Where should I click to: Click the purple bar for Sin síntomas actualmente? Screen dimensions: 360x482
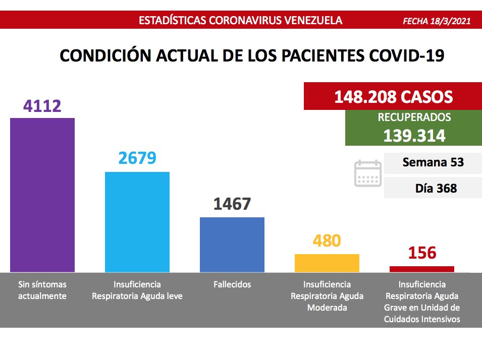[x=42, y=195]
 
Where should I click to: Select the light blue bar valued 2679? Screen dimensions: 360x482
[x=137, y=222]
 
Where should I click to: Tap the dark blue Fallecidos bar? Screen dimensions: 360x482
[x=232, y=245]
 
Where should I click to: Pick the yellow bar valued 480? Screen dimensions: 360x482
[x=327, y=263]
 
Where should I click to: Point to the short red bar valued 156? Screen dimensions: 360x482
[x=421, y=269]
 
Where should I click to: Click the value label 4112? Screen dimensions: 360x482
[x=42, y=106]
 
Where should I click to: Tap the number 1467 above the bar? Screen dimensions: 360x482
[x=232, y=204]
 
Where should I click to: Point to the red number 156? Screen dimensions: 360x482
[x=422, y=253]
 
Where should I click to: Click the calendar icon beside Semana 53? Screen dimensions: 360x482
[x=367, y=173]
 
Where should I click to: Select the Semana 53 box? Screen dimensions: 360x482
[x=433, y=163]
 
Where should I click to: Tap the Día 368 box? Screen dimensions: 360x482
[x=433, y=189]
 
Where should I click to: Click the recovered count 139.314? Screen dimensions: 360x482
[x=414, y=136]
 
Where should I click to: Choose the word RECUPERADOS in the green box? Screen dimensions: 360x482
[x=414, y=118]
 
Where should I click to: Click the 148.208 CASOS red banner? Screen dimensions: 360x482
[x=393, y=96]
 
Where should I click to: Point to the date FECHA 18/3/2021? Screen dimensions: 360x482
[x=437, y=21]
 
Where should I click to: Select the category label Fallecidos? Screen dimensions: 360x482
[x=232, y=284]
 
